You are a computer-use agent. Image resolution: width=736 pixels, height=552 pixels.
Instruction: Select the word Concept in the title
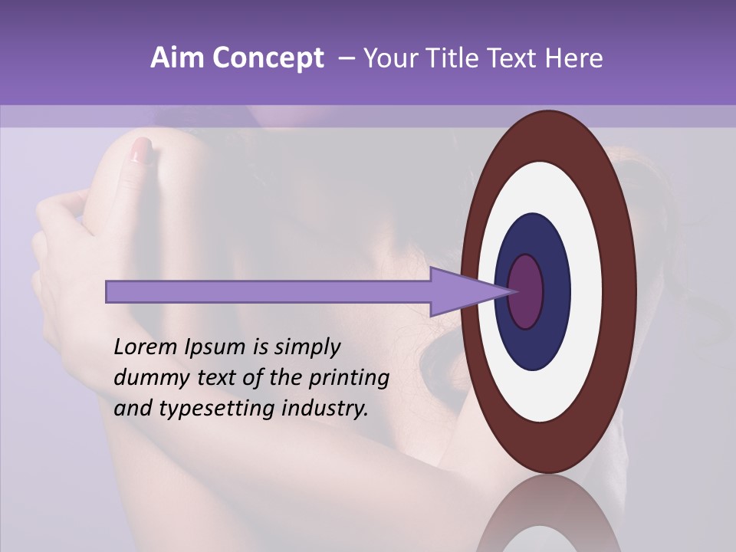click(x=268, y=59)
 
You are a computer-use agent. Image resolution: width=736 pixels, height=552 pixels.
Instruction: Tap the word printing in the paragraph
click(x=348, y=379)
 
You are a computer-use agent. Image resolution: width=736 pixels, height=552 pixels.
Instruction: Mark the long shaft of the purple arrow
click(x=268, y=292)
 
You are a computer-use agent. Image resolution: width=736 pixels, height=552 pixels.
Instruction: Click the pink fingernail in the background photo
click(x=141, y=149)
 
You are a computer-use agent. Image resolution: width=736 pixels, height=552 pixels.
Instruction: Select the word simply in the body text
click(x=307, y=348)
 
